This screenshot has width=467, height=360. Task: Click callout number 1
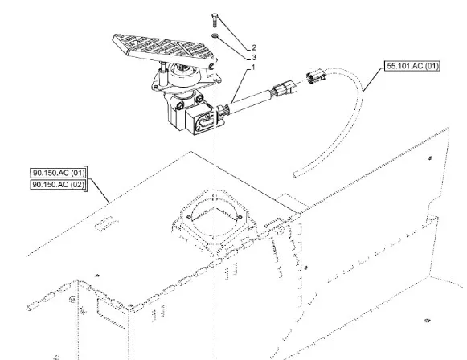(x=253, y=67)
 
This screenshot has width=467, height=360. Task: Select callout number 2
(x=254, y=47)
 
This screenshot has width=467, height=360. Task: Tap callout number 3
(x=254, y=58)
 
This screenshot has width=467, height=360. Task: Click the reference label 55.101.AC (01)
(x=412, y=66)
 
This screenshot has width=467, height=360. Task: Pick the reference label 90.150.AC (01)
(x=59, y=173)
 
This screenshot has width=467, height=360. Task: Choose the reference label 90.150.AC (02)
(x=59, y=185)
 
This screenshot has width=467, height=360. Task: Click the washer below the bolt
(x=215, y=36)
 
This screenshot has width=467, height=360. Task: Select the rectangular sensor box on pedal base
(x=201, y=119)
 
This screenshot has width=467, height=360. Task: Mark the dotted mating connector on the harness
(x=315, y=76)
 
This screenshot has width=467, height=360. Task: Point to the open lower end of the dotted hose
(x=295, y=174)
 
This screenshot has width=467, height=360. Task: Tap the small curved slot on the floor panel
(x=106, y=224)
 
